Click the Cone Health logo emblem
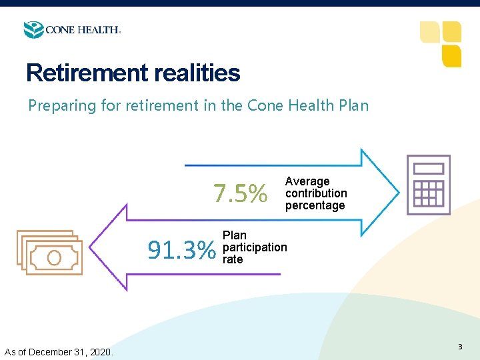point(33,30)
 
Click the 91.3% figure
point(182,251)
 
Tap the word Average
point(307,181)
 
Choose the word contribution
point(316,193)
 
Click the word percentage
point(315,205)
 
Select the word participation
point(255,247)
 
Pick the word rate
point(233,259)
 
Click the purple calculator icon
point(429,185)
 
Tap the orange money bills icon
point(49,253)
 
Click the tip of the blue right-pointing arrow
point(399,192)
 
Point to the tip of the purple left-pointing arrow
point(91,247)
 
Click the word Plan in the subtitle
point(353,105)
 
